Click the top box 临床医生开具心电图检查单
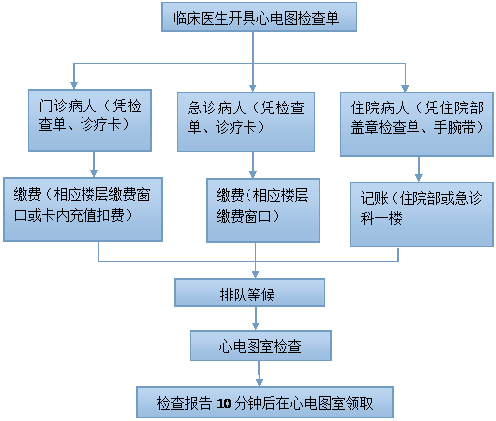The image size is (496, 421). [258, 17]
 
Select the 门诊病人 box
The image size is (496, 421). [89, 120]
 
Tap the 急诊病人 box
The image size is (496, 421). [246, 121]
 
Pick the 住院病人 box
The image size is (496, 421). [416, 124]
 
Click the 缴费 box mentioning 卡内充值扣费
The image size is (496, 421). [83, 209]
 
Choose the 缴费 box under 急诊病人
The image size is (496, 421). [262, 210]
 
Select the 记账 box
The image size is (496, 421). [421, 214]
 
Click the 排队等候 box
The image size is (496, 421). [249, 292]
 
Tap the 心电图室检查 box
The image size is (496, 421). [260, 345]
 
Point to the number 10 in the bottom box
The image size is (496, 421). [224, 403]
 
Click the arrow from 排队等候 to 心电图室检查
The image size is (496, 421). [256, 318]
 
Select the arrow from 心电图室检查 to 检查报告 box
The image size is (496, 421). [259, 373]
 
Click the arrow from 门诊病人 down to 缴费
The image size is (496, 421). [94, 164]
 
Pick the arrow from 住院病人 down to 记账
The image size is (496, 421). [419, 169]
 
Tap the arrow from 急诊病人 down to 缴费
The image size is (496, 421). [253, 165]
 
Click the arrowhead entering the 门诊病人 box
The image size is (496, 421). [74, 85]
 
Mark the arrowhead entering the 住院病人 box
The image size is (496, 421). [405, 88]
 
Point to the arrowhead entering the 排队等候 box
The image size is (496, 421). [255, 274]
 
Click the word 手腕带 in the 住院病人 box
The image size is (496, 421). [455, 127]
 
